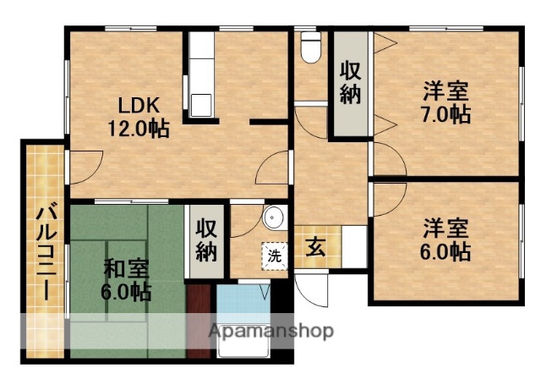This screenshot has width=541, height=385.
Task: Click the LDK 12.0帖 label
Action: [x=137, y=117]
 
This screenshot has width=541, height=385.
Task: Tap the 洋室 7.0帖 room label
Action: [x=446, y=102]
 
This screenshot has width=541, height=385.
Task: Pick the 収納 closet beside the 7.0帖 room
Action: [x=351, y=83]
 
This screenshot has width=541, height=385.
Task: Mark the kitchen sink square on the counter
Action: [x=202, y=106]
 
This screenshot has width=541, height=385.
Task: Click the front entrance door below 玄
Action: [x=316, y=292]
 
